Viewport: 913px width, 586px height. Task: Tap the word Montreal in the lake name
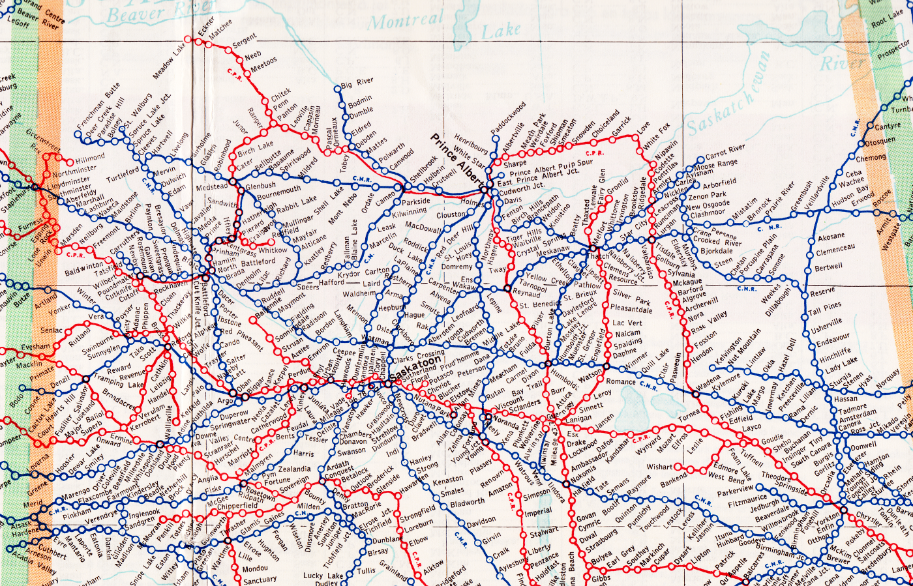406,21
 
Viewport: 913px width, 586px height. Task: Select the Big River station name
357,83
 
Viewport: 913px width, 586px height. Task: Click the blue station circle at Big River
337,88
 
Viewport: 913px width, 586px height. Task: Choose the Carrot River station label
725,153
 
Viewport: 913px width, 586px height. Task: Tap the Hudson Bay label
852,195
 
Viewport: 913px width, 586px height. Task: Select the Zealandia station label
295,469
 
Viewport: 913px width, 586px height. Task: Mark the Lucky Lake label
323,576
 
